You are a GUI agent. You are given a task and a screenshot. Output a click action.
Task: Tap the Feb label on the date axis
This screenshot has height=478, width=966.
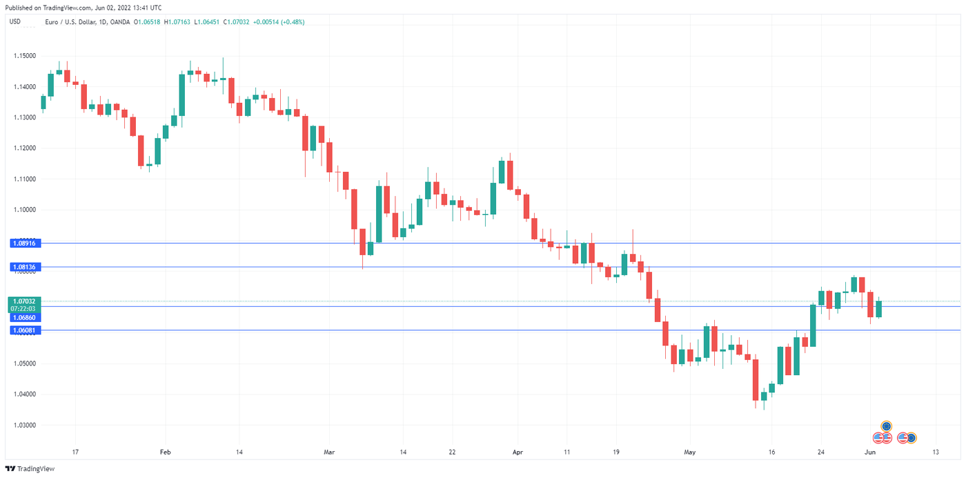click(x=165, y=452)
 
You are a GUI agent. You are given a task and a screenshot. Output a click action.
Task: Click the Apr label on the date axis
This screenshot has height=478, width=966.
click(x=518, y=452)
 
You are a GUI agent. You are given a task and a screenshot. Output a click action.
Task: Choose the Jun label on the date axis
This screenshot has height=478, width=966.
click(x=871, y=452)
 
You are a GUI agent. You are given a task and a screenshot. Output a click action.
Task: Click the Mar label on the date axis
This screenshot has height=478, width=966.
click(x=328, y=452)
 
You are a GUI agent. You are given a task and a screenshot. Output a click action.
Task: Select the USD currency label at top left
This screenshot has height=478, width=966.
click(x=14, y=21)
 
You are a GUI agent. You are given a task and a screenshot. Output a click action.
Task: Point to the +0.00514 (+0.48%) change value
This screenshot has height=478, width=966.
click(x=279, y=22)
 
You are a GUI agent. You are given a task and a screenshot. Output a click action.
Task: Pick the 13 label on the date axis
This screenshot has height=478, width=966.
click(x=936, y=452)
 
